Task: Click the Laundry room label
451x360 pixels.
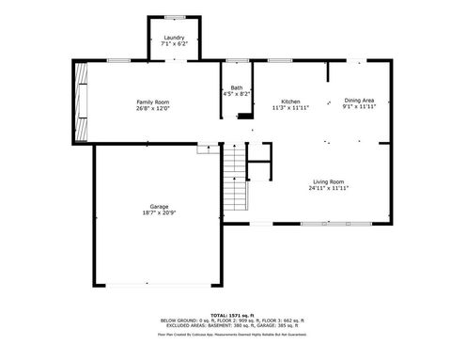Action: (174, 38)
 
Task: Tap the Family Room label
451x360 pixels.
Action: (152, 101)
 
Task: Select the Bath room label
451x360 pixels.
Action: (236, 87)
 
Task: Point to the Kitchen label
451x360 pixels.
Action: (290, 101)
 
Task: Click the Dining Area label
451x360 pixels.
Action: (359, 101)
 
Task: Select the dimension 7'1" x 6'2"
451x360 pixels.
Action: (174, 44)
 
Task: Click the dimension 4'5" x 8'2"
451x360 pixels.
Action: (236, 94)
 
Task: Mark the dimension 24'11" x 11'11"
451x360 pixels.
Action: (328, 188)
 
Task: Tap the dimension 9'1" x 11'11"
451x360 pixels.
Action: (359, 107)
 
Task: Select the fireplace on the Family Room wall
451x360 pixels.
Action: (82, 101)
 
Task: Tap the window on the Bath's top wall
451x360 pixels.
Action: (236, 60)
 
